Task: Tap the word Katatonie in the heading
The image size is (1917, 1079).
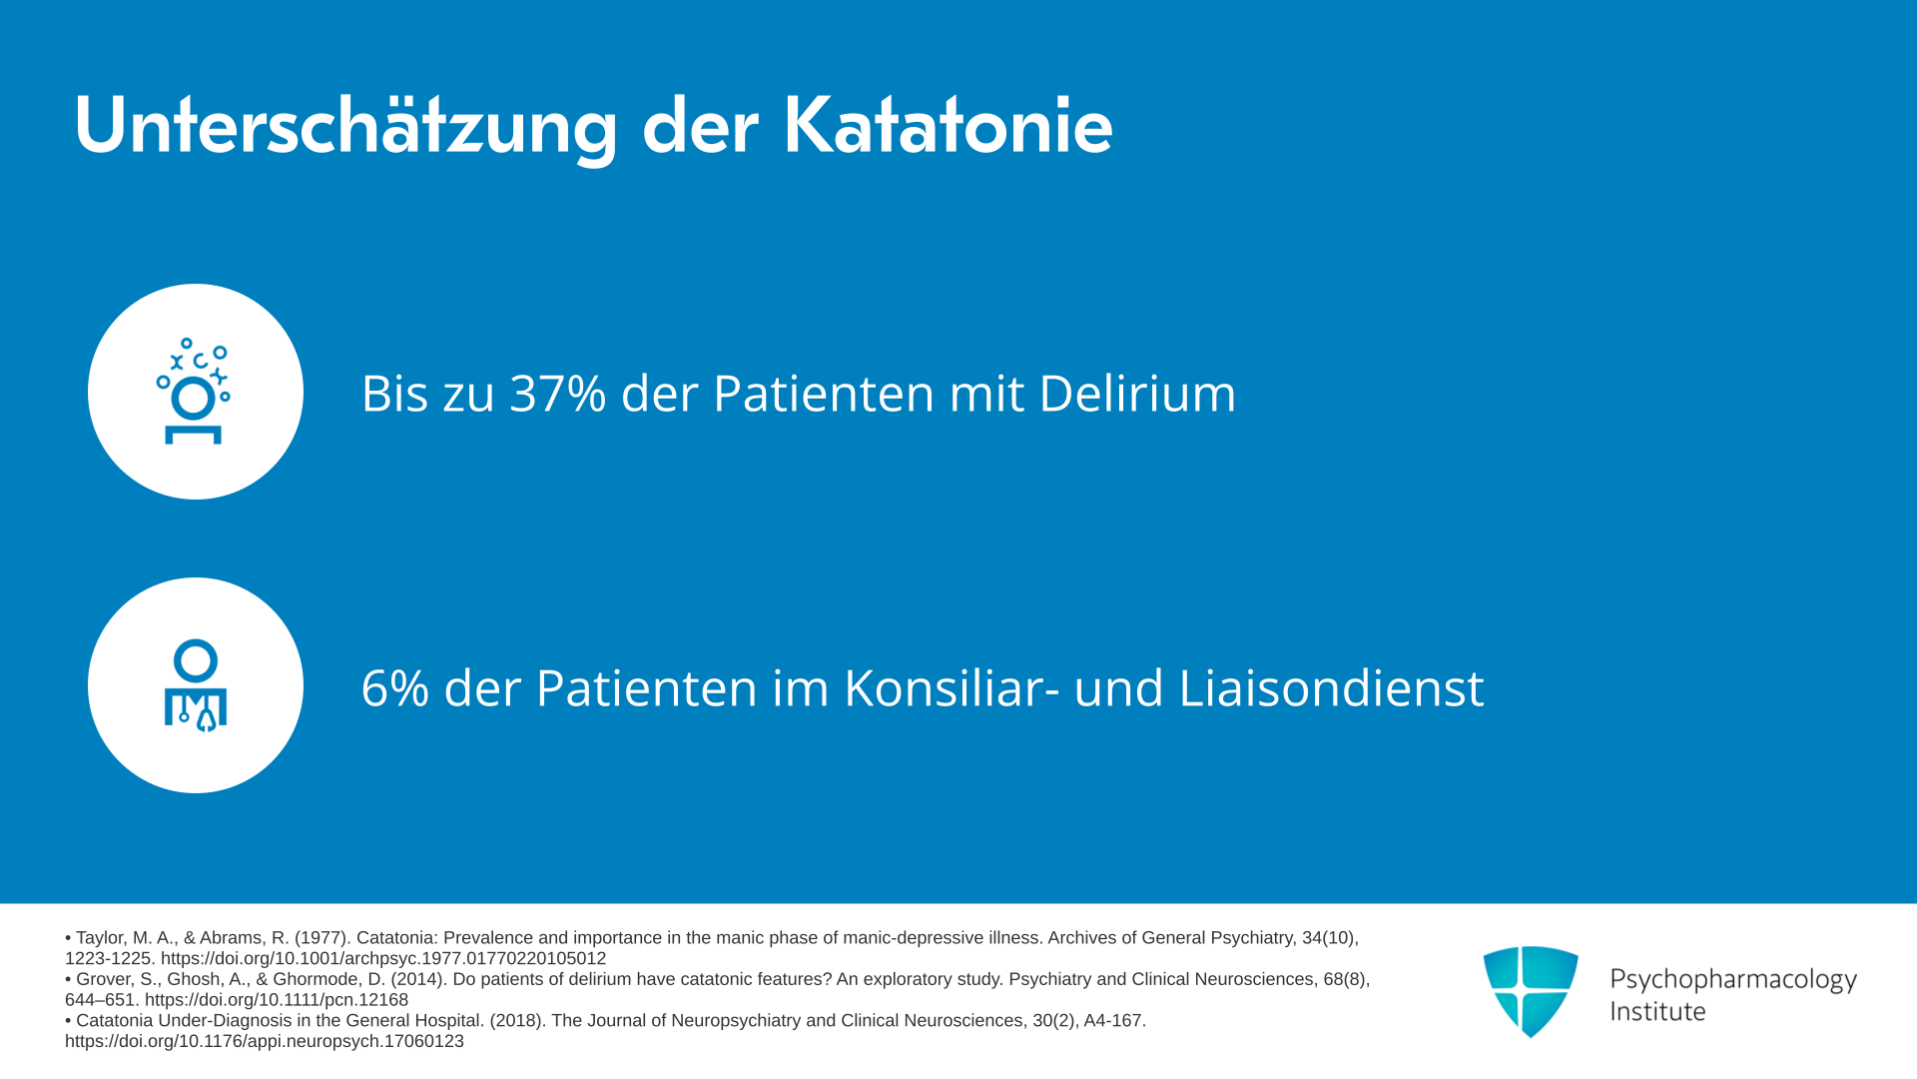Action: coord(948,126)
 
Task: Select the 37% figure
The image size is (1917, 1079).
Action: coord(558,393)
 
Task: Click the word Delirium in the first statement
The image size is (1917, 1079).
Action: coord(1137,393)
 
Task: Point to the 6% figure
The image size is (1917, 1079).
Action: coord(394,688)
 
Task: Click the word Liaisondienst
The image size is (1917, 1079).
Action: coord(1331,687)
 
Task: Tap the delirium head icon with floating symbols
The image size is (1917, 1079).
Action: coord(194,391)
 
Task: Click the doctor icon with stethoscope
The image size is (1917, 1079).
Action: coord(196,685)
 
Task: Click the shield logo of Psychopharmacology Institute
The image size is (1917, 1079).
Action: coord(1531,991)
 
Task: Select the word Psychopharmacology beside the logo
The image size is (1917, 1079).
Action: coord(1733,980)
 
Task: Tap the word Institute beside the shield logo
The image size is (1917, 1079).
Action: coord(1657,1012)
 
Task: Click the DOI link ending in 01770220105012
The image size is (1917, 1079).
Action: coord(383,959)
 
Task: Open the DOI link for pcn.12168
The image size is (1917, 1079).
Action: coord(277,1000)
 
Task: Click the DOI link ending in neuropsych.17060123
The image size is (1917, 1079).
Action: coord(265,1042)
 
